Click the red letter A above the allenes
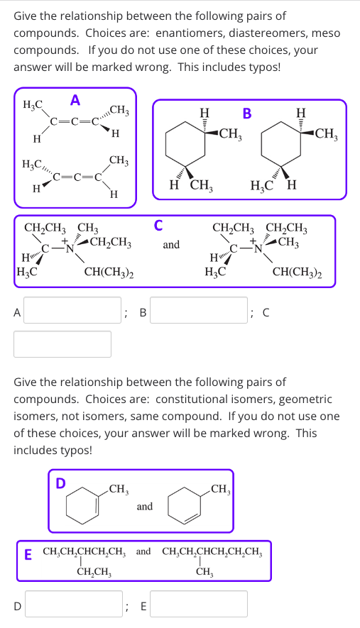click(75, 99)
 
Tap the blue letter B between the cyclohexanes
click(247, 112)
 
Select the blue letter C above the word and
click(159, 226)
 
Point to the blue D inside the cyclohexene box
click(60, 483)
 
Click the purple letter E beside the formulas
click(28, 553)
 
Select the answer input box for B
click(199, 310)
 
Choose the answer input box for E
click(199, 605)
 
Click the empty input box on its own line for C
click(63, 344)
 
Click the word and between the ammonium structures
click(171, 246)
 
